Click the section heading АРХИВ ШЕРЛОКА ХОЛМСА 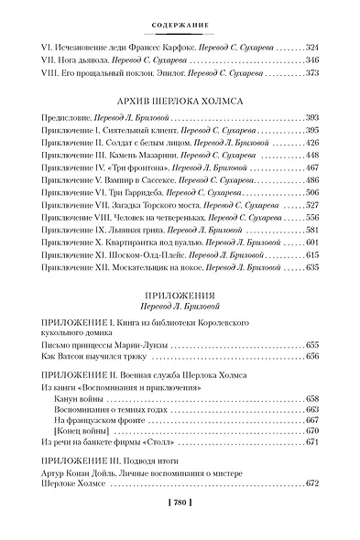[x=180, y=102]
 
